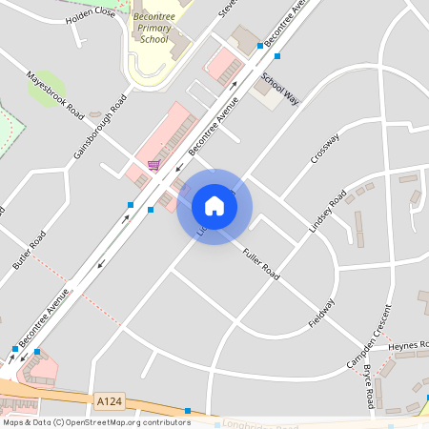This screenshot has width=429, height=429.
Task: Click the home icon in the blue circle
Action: (214, 206)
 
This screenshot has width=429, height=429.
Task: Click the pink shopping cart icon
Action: (153, 166)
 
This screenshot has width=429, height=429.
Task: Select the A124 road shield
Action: (109, 402)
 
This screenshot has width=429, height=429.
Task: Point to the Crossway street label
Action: (324, 148)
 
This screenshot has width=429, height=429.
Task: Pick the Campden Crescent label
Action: (369, 338)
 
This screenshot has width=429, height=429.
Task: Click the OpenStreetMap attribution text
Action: (95, 422)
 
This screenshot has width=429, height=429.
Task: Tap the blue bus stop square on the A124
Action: (188, 411)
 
